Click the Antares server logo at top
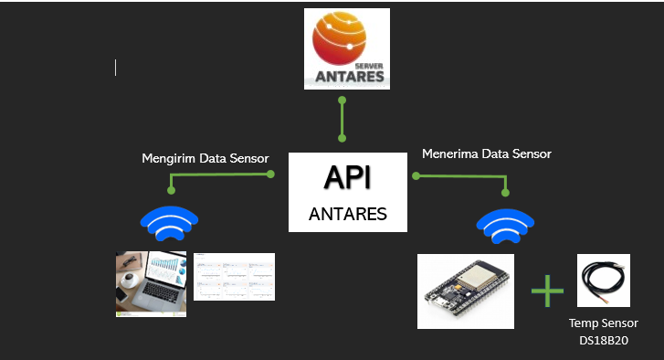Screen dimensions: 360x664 [x=346, y=48]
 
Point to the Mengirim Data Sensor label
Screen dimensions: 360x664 [x=206, y=158]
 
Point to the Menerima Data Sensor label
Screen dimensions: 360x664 [x=486, y=154]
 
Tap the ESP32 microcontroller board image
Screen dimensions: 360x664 [x=466, y=291]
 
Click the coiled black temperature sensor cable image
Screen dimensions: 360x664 [x=602, y=281]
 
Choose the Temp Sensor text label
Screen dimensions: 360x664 [x=603, y=323]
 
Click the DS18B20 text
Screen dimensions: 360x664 [x=603, y=339]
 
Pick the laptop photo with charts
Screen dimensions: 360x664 [x=151, y=284]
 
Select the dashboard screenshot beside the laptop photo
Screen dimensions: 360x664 [x=234, y=276]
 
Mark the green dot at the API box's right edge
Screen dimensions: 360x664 [x=414, y=175]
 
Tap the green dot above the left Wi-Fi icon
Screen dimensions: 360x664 [x=170, y=191]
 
